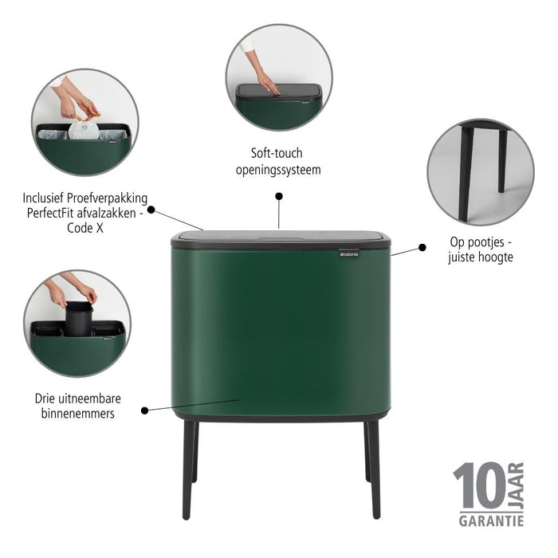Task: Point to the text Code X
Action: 86,228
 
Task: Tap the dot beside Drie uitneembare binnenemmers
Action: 144,411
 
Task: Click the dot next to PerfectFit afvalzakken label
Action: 151,212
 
